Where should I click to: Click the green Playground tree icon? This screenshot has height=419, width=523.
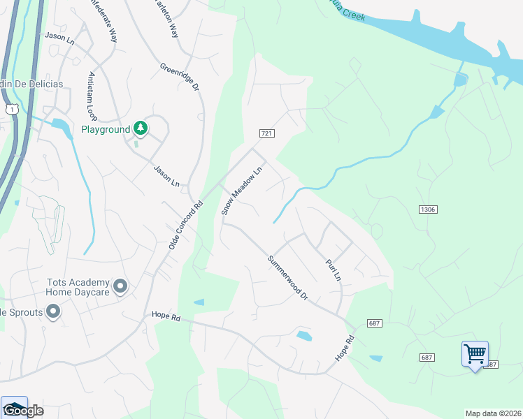tap(141, 128)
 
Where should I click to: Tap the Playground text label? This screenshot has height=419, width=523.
tap(106, 129)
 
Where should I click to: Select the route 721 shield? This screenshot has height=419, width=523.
tap(266, 133)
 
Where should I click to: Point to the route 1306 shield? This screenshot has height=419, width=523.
tap(429, 209)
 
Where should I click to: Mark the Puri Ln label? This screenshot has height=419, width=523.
tap(333, 270)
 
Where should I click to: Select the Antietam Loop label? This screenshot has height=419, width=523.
tap(92, 96)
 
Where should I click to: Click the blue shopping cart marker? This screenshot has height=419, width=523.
tap(475, 354)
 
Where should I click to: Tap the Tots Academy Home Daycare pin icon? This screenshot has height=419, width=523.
tap(120, 286)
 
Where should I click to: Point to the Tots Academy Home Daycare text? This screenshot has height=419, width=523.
tap(78, 287)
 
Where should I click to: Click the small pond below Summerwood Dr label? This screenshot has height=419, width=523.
tap(304, 336)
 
